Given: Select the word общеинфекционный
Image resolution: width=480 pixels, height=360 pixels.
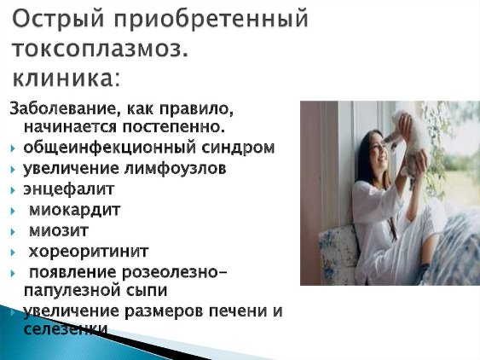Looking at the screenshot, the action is (x=110, y=148).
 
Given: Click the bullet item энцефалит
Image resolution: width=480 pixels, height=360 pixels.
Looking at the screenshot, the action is (x=69, y=189).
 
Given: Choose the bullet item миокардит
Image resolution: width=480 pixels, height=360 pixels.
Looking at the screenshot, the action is (x=74, y=211).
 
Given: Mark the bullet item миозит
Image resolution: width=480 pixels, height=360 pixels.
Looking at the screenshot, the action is (x=59, y=231).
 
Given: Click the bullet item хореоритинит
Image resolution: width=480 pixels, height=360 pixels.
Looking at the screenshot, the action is (x=89, y=252).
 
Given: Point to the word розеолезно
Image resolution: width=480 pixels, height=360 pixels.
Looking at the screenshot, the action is (x=171, y=273).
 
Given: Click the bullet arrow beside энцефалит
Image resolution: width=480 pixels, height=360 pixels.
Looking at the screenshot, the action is (x=13, y=190).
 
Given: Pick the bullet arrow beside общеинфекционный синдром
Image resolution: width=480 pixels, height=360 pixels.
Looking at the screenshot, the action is (x=13, y=149).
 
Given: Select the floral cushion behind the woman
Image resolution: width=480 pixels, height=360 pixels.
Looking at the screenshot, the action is (x=338, y=253).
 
